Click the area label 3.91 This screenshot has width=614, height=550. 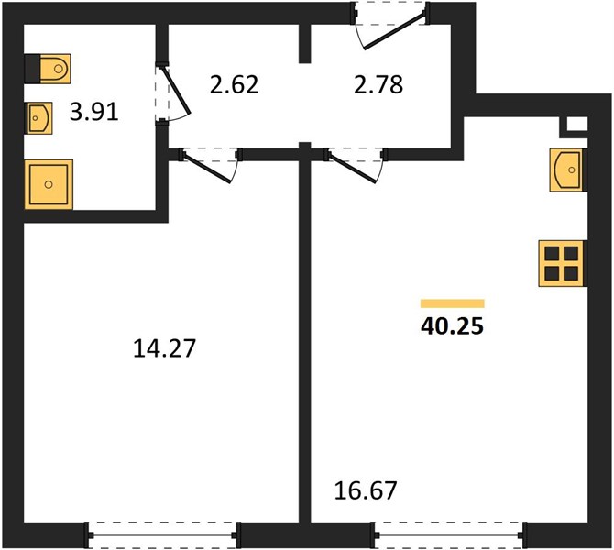pyautogui.click(x=94, y=113)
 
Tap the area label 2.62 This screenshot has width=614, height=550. pyautogui.click(x=235, y=84)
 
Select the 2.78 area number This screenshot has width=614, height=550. pyautogui.click(x=378, y=84)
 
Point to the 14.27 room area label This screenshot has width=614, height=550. pyautogui.click(x=164, y=348)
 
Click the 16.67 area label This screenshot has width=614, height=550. pyautogui.click(x=366, y=490)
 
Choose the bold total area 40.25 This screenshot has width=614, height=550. pyautogui.click(x=453, y=326)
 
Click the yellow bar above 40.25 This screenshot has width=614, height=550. pyautogui.click(x=453, y=303)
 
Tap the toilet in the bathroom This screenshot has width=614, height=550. pyautogui.click(x=48, y=69)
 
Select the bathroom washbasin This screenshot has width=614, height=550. pyautogui.click(x=39, y=118)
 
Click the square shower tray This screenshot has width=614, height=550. pyautogui.click(x=49, y=184)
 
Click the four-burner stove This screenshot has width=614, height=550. pyautogui.click(x=563, y=263)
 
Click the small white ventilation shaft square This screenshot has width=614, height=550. pyautogui.click(x=577, y=124)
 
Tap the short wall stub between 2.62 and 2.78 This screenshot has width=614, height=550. pyautogui.click(x=304, y=43)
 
